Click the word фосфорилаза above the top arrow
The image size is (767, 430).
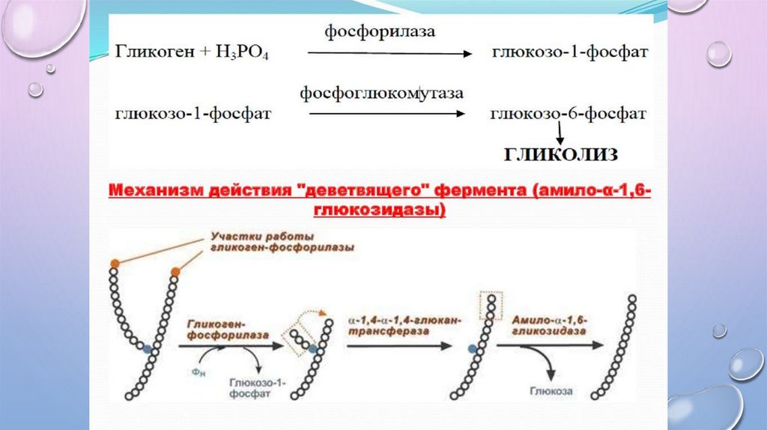click(380, 33)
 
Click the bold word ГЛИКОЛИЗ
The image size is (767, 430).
click(560, 155)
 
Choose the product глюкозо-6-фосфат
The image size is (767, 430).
click(568, 114)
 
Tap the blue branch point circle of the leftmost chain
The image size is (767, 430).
click(148, 348)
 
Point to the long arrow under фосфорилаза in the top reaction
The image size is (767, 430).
click(389, 54)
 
